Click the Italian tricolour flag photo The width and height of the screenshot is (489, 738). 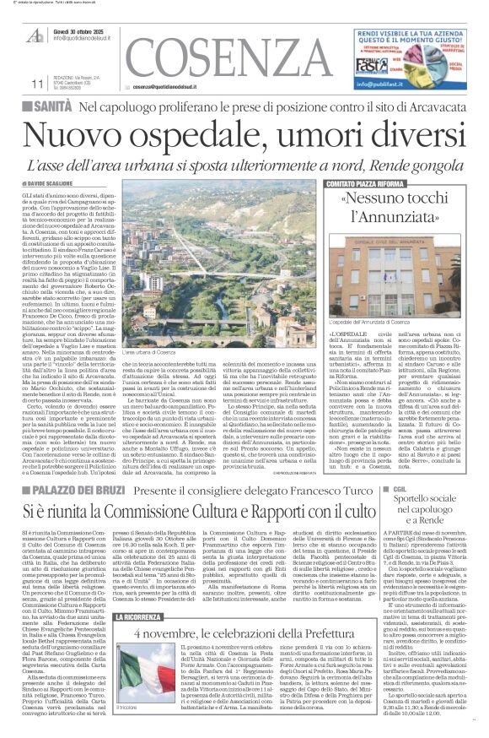(132, 682)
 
